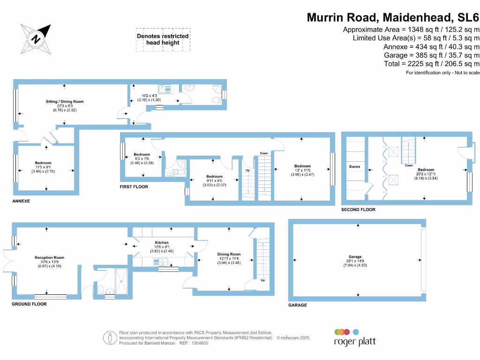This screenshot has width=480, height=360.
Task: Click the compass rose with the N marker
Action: [x=35, y=38]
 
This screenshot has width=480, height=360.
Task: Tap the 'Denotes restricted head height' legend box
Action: [x=163, y=39]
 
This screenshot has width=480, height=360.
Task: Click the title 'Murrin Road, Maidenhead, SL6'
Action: [x=393, y=18]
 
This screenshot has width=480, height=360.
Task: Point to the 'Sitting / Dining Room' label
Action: [x=65, y=101]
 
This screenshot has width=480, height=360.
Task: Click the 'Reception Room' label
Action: [x=49, y=257]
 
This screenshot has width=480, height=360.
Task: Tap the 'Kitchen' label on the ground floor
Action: [x=162, y=243]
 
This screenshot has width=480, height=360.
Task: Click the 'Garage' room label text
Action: [x=355, y=257]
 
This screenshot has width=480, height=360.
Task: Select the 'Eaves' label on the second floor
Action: [x=354, y=166]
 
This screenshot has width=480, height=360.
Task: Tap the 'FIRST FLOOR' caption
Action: [x=134, y=187]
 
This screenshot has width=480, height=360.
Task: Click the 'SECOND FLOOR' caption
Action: [x=358, y=210]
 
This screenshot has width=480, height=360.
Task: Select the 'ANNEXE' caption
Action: [x=21, y=201]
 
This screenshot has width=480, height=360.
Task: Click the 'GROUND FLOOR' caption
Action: [x=29, y=304]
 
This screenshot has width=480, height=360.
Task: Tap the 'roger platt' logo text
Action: [x=354, y=342]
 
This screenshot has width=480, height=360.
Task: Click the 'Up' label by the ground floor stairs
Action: [x=262, y=280]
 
